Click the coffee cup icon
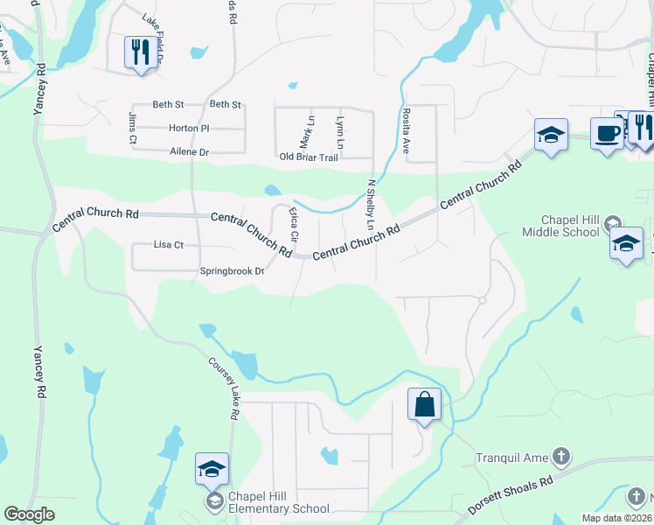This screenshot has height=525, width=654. click(607, 134)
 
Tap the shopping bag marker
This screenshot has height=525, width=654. click(424, 405)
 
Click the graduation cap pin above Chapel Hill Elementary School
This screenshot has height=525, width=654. click(212, 470)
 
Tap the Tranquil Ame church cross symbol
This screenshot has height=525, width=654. click(561, 457)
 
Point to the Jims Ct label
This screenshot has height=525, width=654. click(133, 128)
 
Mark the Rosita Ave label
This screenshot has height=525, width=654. click(407, 130)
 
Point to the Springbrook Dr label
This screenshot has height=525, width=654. click(232, 271)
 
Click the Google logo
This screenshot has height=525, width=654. click(30, 514)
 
